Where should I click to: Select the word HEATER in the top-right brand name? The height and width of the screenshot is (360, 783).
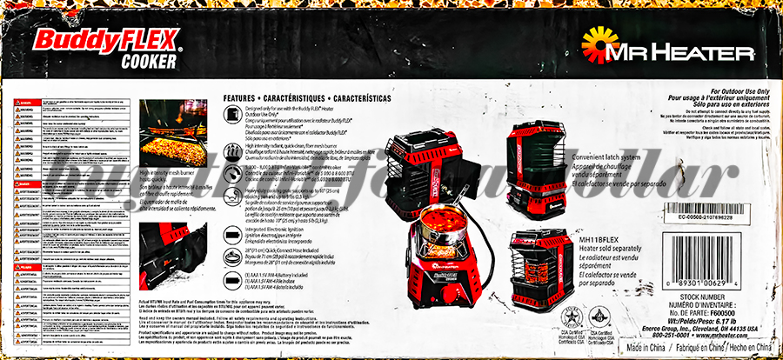(x=696, y=54)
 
